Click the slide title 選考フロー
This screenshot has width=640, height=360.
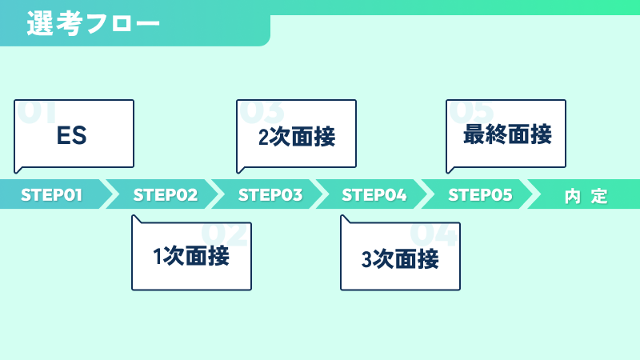(93, 23)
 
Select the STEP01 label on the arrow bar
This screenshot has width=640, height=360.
(51, 195)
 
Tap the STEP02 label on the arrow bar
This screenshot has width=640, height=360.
(166, 195)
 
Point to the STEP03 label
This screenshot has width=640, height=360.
(270, 195)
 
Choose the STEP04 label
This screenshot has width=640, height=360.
(374, 195)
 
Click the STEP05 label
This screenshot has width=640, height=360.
(480, 195)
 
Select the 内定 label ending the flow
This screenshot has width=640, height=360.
(586, 196)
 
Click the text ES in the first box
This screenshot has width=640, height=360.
(71, 135)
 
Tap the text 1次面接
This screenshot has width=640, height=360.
(191, 256)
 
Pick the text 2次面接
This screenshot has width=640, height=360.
(297, 137)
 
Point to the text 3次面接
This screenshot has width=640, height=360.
(400, 259)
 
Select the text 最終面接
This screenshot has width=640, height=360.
(507, 134)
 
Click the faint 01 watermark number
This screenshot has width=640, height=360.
(36, 111)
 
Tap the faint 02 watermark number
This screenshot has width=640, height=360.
(224, 234)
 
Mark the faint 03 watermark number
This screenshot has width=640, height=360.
(262, 111)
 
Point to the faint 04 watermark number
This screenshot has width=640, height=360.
(433, 234)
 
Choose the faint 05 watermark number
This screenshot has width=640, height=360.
(471, 111)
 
